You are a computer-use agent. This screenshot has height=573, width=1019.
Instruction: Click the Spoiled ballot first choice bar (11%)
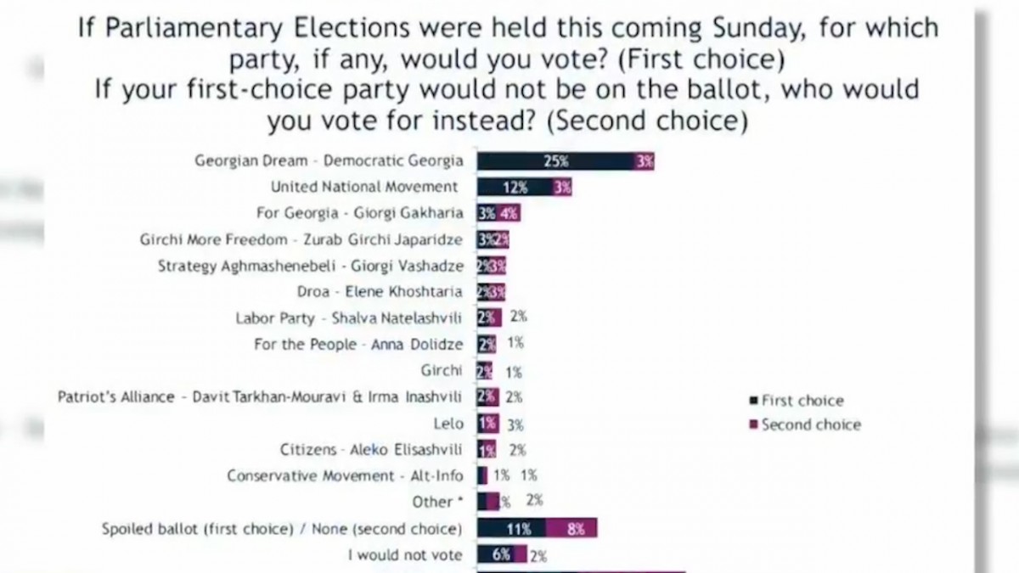coord(511,529)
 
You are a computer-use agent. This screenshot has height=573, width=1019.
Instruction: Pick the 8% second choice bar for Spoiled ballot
coord(571,529)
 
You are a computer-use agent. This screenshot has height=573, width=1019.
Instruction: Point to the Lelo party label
coord(448,424)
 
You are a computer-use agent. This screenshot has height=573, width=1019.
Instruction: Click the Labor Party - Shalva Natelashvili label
coord(349,318)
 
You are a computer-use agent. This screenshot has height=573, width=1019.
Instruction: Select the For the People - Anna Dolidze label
coord(358,344)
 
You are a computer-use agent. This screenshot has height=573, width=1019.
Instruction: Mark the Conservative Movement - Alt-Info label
coord(346,475)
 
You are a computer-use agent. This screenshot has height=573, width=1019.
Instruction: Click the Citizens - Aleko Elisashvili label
coord(372,449)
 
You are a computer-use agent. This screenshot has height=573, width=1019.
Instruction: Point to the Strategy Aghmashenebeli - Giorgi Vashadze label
coord(311,266)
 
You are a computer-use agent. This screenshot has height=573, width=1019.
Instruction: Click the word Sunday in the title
coord(748,28)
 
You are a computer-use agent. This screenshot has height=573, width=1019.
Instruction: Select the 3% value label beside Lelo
coord(515,424)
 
